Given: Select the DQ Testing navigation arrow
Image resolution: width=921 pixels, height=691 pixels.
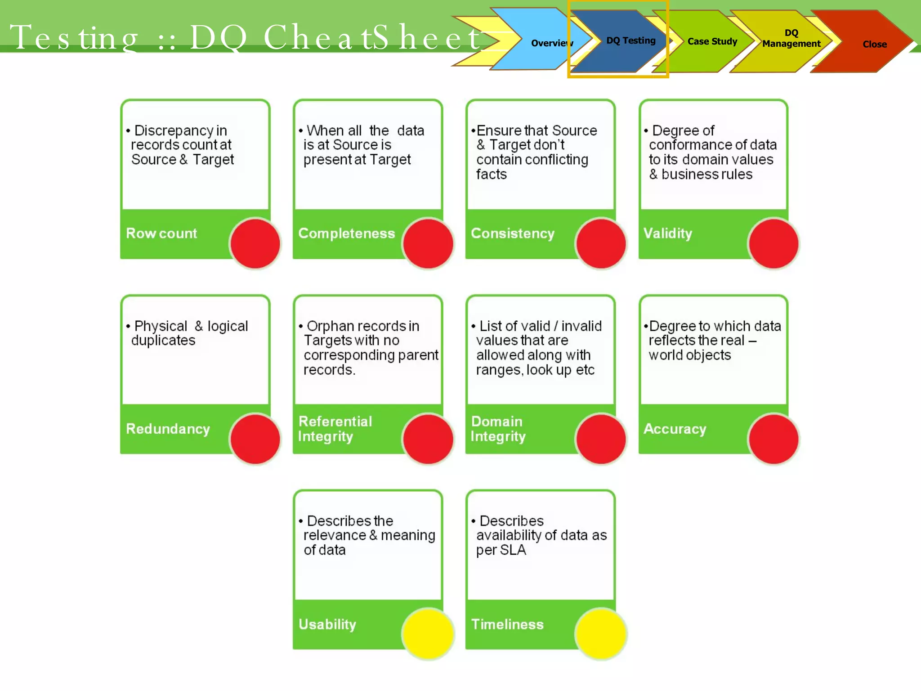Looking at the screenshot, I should [x=630, y=40].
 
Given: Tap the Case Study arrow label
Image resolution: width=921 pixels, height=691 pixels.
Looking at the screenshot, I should [x=712, y=41].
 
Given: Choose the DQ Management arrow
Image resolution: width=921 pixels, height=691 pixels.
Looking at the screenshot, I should [x=791, y=39].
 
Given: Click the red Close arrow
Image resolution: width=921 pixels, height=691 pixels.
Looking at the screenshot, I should [x=874, y=44].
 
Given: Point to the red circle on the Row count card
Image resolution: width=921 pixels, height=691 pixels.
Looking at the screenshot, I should [x=255, y=243].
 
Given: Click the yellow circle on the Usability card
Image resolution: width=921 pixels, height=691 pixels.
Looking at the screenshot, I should [x=428, y=634].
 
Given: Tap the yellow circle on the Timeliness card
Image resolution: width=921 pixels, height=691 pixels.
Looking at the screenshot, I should [x=600, y=634].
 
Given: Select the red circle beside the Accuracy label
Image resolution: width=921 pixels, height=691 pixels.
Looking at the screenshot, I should [x=773, y=439].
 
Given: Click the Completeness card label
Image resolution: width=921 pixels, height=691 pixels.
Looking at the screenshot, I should [x=346, y=233].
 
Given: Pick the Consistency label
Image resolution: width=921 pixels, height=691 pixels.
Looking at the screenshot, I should [x=512, y=233].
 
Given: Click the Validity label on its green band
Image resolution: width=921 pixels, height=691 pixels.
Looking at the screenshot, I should [x=667, y=233].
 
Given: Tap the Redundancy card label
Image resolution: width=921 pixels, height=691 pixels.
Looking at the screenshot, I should [x=168, y=429].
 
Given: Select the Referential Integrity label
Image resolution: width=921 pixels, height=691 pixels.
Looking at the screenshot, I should [x=335, y=429].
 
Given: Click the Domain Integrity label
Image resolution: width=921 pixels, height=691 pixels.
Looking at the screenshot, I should [x=497, y=429].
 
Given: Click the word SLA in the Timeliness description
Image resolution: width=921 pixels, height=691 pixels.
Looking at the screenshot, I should [x=513, y=550].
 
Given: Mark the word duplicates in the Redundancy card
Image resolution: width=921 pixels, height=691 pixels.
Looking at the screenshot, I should [x=163, y=341].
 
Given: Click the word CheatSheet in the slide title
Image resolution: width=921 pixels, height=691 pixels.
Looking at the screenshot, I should [x=372, y=37].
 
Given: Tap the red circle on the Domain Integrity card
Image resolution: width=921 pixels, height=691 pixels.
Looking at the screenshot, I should [x=600, y=439].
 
